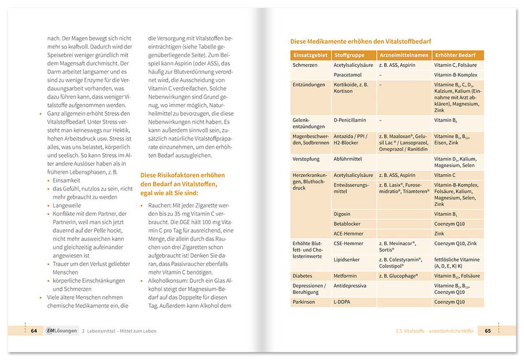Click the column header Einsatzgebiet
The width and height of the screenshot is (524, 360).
311,55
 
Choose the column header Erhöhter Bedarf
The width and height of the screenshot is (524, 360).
455,55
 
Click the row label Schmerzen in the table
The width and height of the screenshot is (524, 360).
305,66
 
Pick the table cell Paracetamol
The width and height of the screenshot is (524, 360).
347,75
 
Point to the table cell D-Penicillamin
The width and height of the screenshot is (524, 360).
350,120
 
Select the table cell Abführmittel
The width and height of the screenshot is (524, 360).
348,159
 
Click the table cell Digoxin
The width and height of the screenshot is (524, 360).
342,214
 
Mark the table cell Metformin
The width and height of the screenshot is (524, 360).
345,276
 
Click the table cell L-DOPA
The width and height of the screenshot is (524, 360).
343,302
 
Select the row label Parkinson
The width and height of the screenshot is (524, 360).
305,302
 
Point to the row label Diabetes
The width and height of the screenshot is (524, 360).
303,276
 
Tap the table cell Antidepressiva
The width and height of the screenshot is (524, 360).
350,286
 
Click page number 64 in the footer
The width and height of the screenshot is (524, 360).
34,331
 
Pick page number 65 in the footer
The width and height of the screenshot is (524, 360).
487,331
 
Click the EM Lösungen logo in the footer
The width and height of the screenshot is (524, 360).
61,331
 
